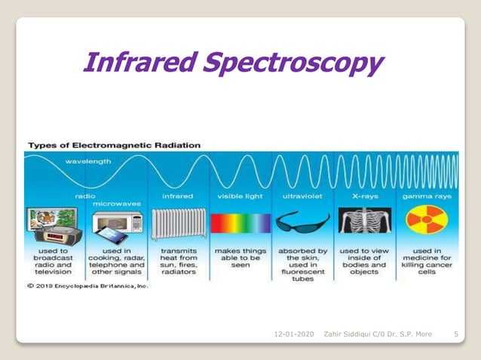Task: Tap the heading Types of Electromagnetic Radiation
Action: coord(115,144)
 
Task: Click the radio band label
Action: coord(84,195)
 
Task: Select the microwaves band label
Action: coord(116,203)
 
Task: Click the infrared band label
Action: coord(177,195)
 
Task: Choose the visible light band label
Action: coord(240,195)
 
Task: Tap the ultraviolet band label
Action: coord(303,195)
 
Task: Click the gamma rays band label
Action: coord(426,195)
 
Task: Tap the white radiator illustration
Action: coord(178,224)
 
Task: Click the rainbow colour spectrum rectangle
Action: coord(240,224)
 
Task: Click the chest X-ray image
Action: coord(363,223)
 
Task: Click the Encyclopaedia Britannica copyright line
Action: coord(88,286)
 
